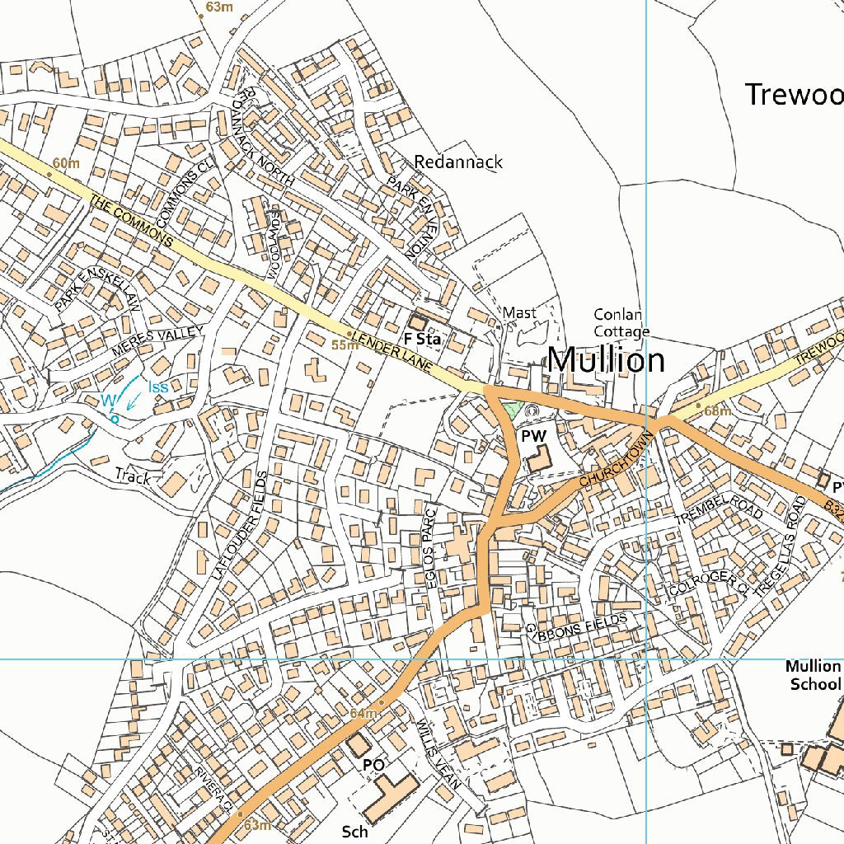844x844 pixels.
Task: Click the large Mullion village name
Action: coord(606,361)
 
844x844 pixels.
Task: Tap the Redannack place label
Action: coord(458,162)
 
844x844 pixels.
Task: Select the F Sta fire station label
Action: coord(422,339)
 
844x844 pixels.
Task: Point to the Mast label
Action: coord(519,313)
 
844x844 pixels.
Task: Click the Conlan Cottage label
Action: coord(621,323)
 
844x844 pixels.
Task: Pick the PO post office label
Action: coord(373,765)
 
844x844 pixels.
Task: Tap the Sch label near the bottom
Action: coord(354,832)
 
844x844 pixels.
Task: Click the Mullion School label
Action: coord(814,675)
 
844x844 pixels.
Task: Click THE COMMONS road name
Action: coord(132,221)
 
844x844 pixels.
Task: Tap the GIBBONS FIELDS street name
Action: coord(576,624)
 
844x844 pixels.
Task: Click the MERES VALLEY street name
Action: coord(157,341)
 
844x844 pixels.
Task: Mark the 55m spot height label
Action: coord(344,345)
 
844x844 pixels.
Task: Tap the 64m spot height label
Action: coord(363,713)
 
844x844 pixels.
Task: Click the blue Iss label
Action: coord(158,387)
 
